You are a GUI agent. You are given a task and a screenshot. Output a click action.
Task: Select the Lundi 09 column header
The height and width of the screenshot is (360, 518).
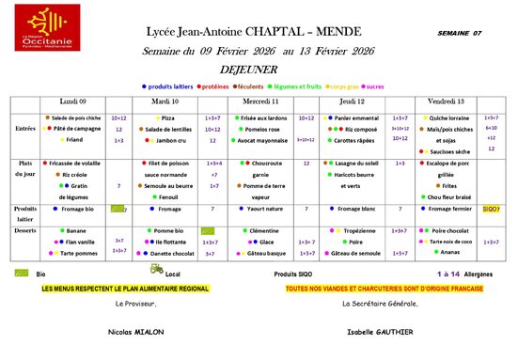coord(73,101)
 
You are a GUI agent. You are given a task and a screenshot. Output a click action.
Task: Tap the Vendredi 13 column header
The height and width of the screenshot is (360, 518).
coord(446,101)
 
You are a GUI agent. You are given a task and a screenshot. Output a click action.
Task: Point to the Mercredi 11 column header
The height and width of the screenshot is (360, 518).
coord(260,101)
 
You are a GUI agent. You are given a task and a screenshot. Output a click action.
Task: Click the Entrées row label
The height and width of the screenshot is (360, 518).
coord(25,129)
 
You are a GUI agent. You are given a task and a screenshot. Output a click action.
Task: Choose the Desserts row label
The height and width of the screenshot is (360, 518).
coord(25,229)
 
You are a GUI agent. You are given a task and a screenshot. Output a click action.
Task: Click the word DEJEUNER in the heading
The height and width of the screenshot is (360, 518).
coord(257,69)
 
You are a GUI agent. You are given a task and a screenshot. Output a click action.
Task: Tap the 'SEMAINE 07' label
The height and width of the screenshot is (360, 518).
coord(459,33)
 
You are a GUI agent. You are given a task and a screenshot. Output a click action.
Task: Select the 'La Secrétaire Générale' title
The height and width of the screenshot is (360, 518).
coord(380,304)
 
